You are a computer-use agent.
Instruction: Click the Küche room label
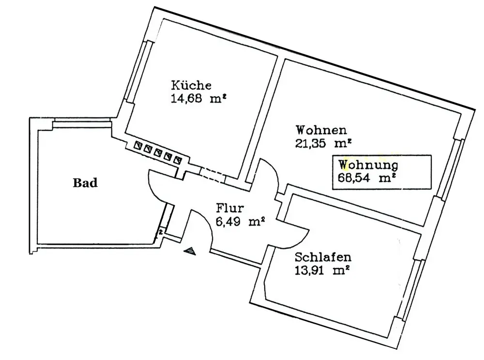[191, 86]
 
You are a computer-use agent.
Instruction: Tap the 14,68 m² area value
[199, 99]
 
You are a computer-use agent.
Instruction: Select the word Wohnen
[321, 130]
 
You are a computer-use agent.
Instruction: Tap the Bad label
[85, 183]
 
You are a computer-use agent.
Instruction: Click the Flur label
[230, 209]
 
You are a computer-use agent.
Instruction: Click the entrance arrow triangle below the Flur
[191, 251]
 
